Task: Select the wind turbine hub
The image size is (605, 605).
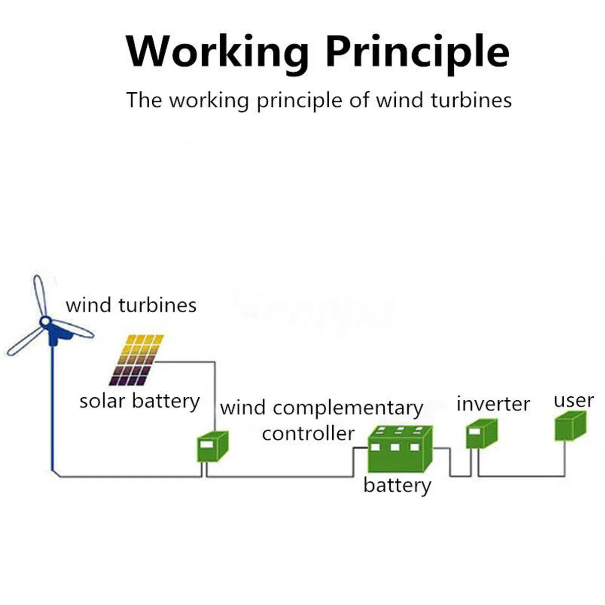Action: (x=45, y=321)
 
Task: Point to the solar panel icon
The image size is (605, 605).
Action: (x=137, y=360)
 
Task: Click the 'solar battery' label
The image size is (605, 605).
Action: (x=139, y=401)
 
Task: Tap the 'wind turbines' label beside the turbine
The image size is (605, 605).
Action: (x=131, y=305)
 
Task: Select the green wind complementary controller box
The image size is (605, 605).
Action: (x=213, y=447)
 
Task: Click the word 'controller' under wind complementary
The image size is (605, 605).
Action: (x=309, y=434)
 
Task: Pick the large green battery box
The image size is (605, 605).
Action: (x=400, y=449)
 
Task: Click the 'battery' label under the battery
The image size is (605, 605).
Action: (x=397, y=486)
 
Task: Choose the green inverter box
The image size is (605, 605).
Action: (x=481, y=434)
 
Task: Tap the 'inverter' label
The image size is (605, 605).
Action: (x=493, y=404)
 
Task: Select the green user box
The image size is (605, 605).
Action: (x=570, y=426)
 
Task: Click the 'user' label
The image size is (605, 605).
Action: (x=574, y=401)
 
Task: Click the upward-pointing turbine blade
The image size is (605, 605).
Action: (x=40, y=295)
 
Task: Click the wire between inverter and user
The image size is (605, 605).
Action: (x=521, y=476)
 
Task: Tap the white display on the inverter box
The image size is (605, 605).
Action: (x=475, y=431)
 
